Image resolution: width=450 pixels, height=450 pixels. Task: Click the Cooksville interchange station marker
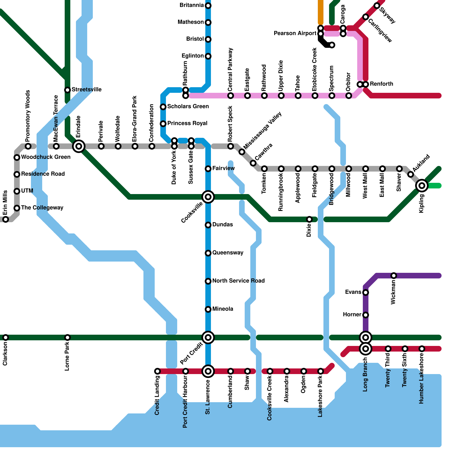coord(208,197)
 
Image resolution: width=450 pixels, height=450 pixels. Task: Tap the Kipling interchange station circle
coord(422,186)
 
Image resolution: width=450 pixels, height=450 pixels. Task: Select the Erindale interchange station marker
coord(79,146)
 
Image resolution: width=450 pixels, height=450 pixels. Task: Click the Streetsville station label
coord(87,90)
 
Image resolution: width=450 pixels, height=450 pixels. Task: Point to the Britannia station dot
coord(208,6)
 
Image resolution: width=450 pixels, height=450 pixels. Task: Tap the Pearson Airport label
coord(295,33)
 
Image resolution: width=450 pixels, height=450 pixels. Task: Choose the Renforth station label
coord(381,84)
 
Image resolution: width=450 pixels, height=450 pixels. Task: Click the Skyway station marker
coord(377,6)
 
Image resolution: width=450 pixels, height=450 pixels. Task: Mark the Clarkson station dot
coord(6,337)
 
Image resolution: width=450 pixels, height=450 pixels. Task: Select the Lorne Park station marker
coord(67,337)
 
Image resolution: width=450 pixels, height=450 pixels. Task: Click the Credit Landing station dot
coord(157,371)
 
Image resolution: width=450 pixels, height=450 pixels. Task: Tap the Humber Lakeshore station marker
coord(422,349)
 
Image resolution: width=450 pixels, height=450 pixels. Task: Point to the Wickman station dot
coord(394,276)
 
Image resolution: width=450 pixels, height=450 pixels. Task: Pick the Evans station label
coord(353,292)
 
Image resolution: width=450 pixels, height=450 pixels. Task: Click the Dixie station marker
coord(309,219)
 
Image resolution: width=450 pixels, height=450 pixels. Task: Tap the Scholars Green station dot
coord(163,107)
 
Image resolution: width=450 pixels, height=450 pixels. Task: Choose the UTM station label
coord(27,191)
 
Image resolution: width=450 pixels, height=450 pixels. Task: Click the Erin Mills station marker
coord(6,219)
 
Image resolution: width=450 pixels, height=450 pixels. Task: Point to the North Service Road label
coord(238,281)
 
